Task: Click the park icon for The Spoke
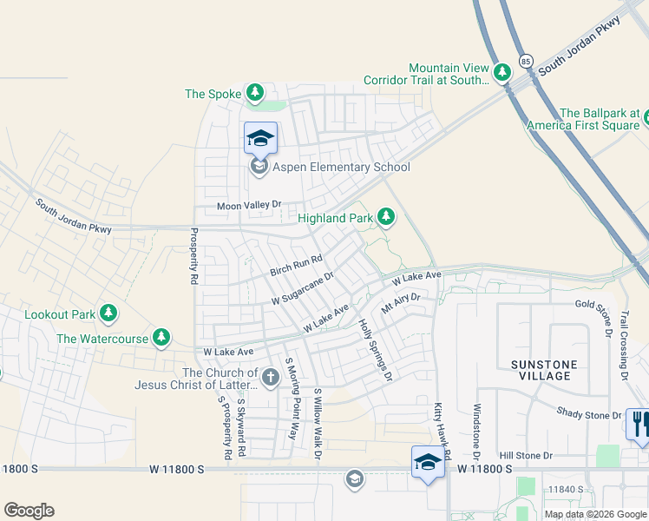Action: click(254, 92)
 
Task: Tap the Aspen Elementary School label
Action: click(341, 167)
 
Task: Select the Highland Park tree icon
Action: click(386, 217)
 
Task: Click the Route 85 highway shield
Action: click(526, 61)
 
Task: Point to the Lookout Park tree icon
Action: click(108, 313)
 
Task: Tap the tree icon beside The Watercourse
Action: click(161, 337)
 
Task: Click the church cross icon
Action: click(270, 377)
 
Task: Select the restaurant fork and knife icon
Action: click(638, 425)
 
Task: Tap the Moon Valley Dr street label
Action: click(249, 205)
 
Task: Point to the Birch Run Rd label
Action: click(296, 264)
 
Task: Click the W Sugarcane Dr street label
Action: click(303, 288)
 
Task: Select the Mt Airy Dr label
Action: click(400, 302)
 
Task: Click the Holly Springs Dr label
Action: click(376, 349)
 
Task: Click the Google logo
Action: click(29, 511)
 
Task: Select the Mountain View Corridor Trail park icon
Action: click(501, 70)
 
